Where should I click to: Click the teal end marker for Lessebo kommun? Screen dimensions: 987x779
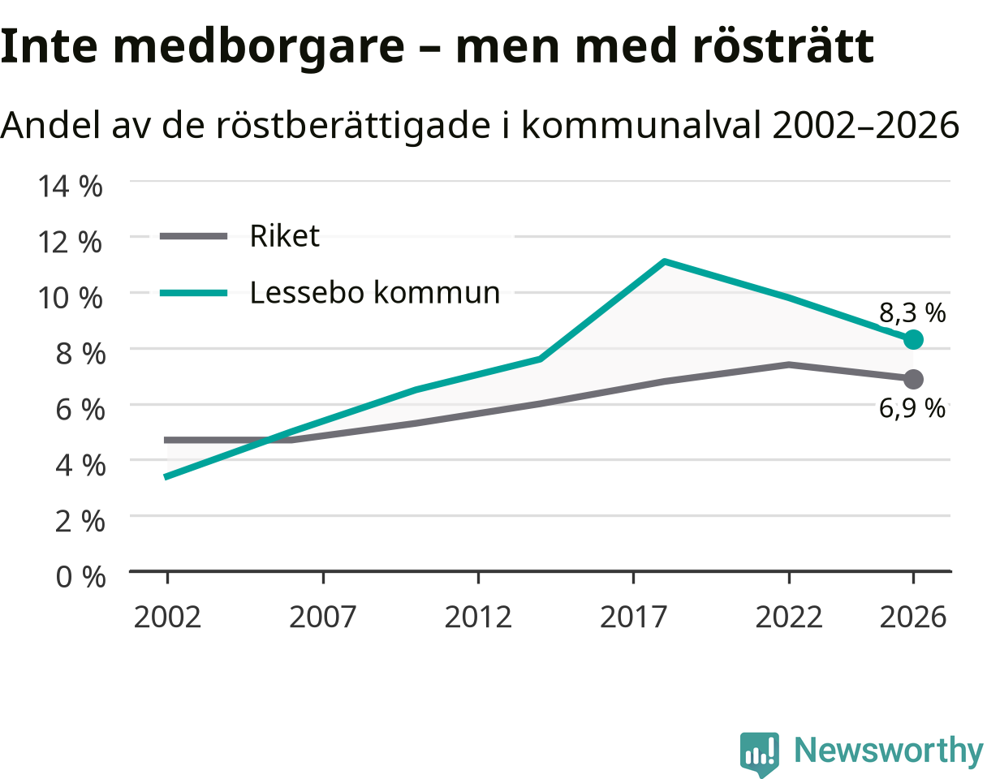[x=913, y=340]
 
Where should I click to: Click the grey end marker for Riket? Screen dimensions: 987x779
[x=913, y=379]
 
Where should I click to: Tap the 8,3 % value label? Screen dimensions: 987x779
[x=912, y=313]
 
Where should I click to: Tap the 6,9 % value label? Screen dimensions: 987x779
[x=912, y=408]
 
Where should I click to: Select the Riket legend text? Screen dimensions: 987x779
[x=284, y=236]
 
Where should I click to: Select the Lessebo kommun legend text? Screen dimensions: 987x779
[x=375, y=292]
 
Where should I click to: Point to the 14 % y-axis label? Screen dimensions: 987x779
[x=70, y=186]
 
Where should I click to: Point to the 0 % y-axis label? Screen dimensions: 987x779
[x=80, y=576]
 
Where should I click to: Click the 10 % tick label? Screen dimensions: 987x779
[x=70, y=298]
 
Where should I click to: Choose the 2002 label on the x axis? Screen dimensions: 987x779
[x=167, y=618]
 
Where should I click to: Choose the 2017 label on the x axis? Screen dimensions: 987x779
[x=633, y=618]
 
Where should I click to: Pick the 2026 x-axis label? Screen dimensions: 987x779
[x=912, y=618]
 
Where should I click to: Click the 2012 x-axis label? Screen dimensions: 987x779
[x=478, y=618]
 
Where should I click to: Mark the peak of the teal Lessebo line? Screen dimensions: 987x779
[x=664, y=262]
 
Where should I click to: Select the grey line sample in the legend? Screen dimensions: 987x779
[x=193, y=237]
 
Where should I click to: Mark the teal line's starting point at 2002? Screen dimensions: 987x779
[x=166, y=477]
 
